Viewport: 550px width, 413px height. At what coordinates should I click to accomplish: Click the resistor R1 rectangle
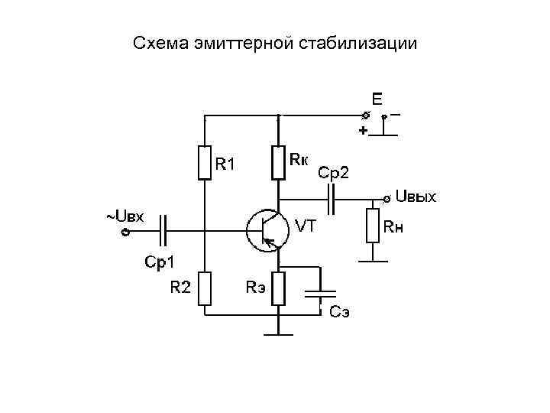[204, 162]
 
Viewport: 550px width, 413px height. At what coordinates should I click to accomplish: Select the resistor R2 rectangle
[204, 288]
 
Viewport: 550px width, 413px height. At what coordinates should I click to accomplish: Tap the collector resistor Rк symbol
[279, 162]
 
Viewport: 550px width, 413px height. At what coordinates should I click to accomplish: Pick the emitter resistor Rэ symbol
[279, 288]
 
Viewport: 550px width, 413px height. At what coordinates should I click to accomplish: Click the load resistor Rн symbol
[372, 226]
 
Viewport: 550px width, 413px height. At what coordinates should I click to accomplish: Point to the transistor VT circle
[265, 229]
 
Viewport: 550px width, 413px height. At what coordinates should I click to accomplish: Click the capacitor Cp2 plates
[333, 200]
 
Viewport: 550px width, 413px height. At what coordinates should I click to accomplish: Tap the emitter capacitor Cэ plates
[320, 292]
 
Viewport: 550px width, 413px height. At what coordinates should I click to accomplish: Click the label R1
[225, 164]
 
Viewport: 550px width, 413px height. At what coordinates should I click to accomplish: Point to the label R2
[180, 288]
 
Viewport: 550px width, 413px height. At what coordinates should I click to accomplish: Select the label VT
[306, 226]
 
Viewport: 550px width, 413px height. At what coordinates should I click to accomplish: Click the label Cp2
[333, 173]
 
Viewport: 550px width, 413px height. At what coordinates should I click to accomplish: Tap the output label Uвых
[416, 198]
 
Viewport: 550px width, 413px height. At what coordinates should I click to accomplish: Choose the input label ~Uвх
[125, 216]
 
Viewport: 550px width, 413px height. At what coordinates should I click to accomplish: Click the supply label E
[377, 99]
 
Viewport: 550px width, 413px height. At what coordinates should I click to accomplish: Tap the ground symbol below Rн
[372, 260]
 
